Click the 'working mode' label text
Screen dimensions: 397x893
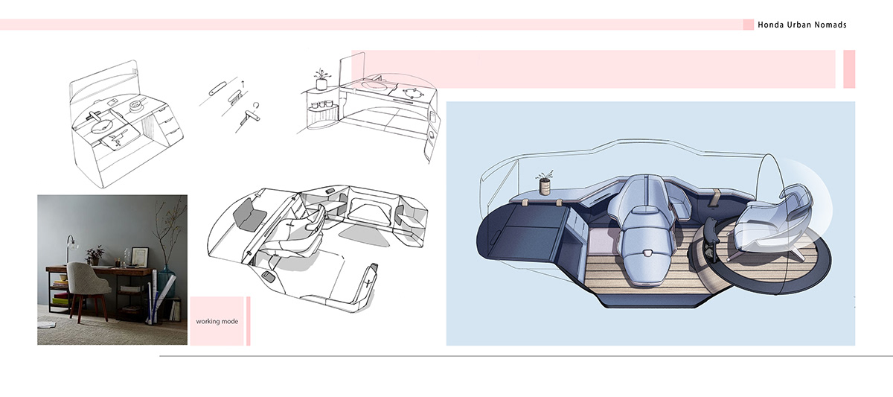point(217,322)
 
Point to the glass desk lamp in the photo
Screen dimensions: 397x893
point(69,245)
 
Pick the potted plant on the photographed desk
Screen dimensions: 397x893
point(94,254)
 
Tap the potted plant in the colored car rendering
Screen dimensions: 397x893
point(545,182)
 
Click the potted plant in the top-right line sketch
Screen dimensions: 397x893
point(321,77)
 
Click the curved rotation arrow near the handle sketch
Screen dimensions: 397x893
point(257,104)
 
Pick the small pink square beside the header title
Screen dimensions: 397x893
point(748,25)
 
